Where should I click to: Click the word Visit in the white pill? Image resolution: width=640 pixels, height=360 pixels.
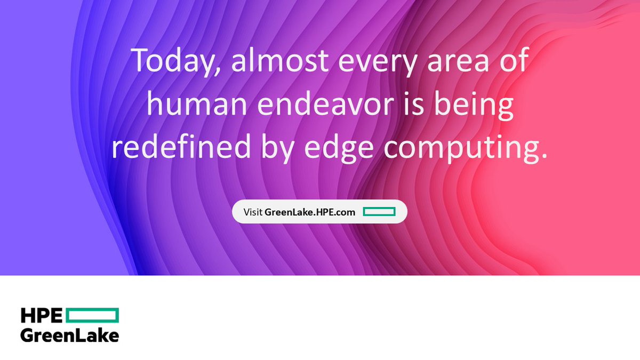tap(253, 212)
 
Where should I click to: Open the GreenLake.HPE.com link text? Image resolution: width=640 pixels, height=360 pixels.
tap(310, 212)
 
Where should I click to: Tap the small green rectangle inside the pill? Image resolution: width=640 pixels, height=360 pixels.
tap(379, 212)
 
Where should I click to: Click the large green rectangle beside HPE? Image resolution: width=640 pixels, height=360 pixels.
tap(93, 316)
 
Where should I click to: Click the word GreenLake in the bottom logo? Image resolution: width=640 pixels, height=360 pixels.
tap(69, 335)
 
